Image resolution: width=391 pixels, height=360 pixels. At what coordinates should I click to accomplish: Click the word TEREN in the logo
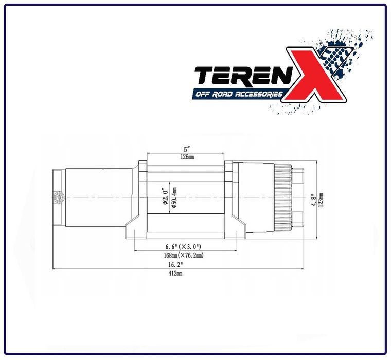pos(239,77)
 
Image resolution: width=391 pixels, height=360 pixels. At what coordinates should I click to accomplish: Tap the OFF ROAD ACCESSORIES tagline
pos(238,95)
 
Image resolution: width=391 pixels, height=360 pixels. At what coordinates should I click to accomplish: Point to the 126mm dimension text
pos(186,157)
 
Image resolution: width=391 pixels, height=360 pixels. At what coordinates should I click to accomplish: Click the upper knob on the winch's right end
pos(298,176)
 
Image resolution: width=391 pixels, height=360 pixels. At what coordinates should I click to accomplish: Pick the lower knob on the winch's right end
pos(298,218)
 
